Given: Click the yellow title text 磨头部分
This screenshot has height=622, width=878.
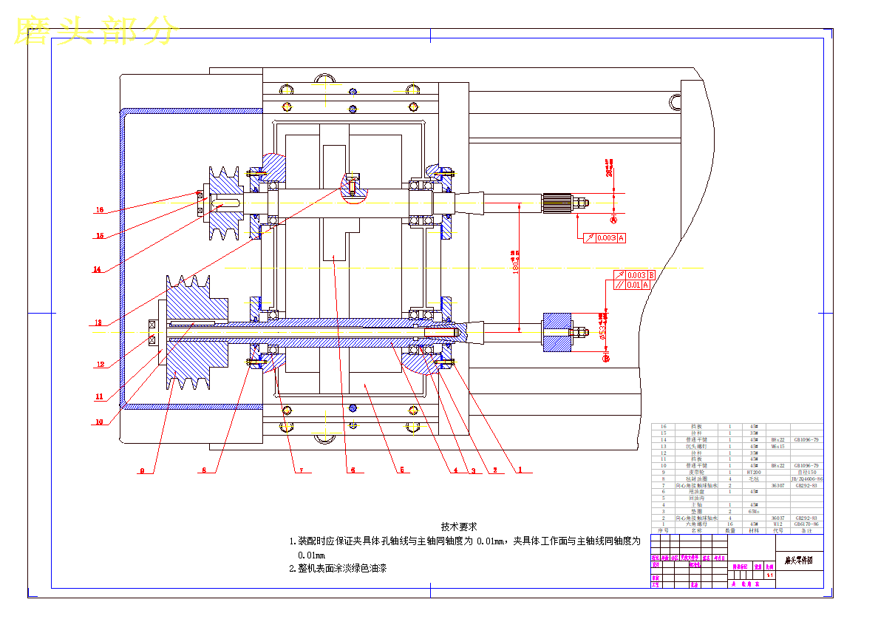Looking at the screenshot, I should [96, 31].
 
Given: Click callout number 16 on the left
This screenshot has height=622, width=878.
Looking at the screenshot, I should [99, 210].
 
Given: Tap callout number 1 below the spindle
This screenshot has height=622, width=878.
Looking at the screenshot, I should [520, 470].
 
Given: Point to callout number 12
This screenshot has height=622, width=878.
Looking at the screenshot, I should [100, 364].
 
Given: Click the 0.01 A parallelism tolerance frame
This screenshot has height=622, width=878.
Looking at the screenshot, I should [633, 285].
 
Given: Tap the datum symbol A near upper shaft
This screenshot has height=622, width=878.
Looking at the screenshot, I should [613, 220].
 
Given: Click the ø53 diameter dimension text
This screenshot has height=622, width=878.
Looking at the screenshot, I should [602, 331].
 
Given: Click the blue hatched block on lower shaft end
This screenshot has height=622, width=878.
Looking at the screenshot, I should [557, 334].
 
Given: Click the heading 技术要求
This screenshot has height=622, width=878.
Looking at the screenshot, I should [458, 527].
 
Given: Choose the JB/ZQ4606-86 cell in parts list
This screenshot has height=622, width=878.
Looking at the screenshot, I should [806, 479].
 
